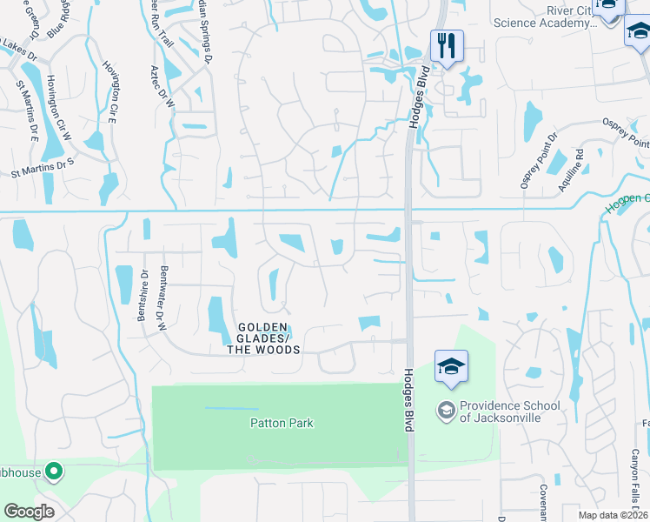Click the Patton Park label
(x=281, y=424)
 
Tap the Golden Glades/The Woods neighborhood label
(x=263, y=338)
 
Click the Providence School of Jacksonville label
(x=501, y=412)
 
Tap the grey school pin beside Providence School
(x=447, y=409)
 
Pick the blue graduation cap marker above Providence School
(x=451, y=367)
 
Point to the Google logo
(x=29, y=512)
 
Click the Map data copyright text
(x=613, y=515)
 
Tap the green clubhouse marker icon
(x=54, y=473)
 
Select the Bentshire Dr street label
(x=143, y=294)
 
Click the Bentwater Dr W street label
(x=162, y=298)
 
